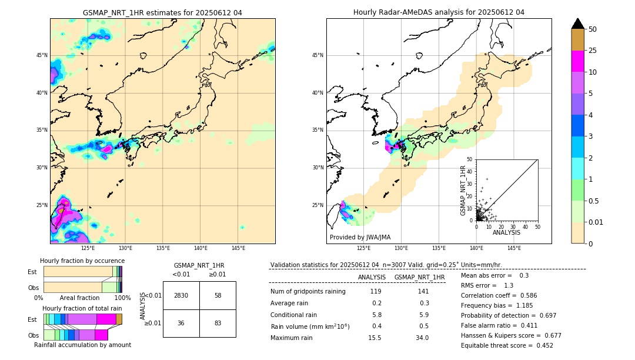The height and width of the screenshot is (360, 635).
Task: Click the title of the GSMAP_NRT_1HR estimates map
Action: pos(162,12)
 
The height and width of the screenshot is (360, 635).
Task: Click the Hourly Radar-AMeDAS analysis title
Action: pos(439,12)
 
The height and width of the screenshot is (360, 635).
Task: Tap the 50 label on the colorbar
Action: pos(593,29)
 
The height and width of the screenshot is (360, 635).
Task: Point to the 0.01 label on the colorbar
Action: pos(597,222)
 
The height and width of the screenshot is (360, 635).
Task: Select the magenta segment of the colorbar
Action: pos(578,61)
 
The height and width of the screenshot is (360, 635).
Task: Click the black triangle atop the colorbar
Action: pos(578,24)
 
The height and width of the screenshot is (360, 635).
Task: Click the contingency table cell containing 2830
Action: pos(181,295)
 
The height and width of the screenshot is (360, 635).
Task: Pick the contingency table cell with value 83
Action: pos(218,323)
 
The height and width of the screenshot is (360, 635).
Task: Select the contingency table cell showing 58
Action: pos(218,295)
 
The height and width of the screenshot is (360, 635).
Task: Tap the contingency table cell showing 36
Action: pos(181,323)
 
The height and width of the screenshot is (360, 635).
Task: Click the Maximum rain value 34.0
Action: pos(422,338)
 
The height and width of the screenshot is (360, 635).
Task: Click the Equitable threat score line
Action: pos(507,345)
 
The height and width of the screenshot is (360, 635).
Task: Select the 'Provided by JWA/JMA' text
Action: pos(360,238)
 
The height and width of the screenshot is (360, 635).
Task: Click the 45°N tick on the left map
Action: pos(42,55)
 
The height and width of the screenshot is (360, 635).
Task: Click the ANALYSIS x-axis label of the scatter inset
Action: pos(506,232)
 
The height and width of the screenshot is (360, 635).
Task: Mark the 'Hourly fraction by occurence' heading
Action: pos(82,261)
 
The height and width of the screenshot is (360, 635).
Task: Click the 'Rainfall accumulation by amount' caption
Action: pos(82,345)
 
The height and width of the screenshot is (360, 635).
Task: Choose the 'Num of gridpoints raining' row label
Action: pos(308,292)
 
